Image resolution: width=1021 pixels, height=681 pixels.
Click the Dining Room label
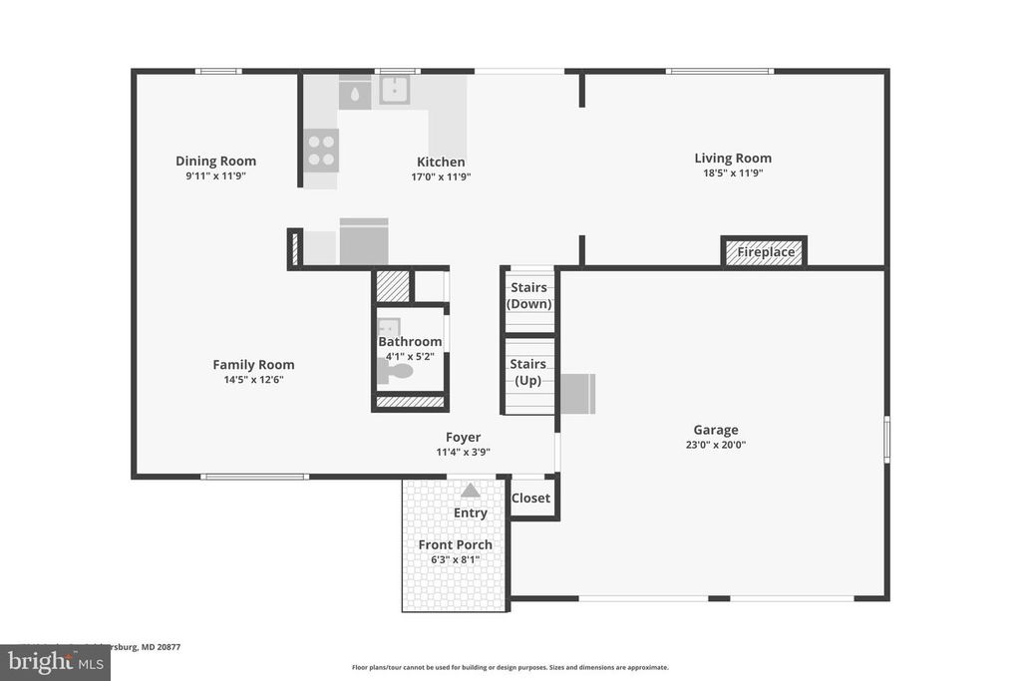click(x=215, y=161)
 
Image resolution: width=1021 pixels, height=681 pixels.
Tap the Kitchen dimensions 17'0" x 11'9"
click(x=440, y=176)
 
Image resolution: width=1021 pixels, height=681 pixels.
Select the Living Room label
click(x=733, y=158)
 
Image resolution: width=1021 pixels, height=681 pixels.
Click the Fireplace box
click(x=765, y=252)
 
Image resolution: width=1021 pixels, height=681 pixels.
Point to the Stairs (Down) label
click(x=528, y=296)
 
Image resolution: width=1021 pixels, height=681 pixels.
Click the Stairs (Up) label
click(x=527, y=373)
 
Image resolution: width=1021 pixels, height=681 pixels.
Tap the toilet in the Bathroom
click(x=398, y=372)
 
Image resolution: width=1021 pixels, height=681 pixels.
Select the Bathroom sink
click(x=389, y=328)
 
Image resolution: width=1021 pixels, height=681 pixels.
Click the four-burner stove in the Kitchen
click(x=321, y=151)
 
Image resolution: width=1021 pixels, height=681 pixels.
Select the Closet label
click(x=530, y=499)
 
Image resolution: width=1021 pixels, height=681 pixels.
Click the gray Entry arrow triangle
click(x=470, y=490)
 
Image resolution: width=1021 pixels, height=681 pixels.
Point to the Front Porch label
click(x=455, y=544)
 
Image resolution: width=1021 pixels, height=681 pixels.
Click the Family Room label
click(x=253, y=364)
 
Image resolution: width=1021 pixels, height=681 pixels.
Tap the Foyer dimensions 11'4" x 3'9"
click(x=463, y=452)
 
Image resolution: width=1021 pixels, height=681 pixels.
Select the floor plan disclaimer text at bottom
click(x=510, y=668)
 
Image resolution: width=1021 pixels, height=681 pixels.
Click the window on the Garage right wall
click(x=886, y=439)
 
